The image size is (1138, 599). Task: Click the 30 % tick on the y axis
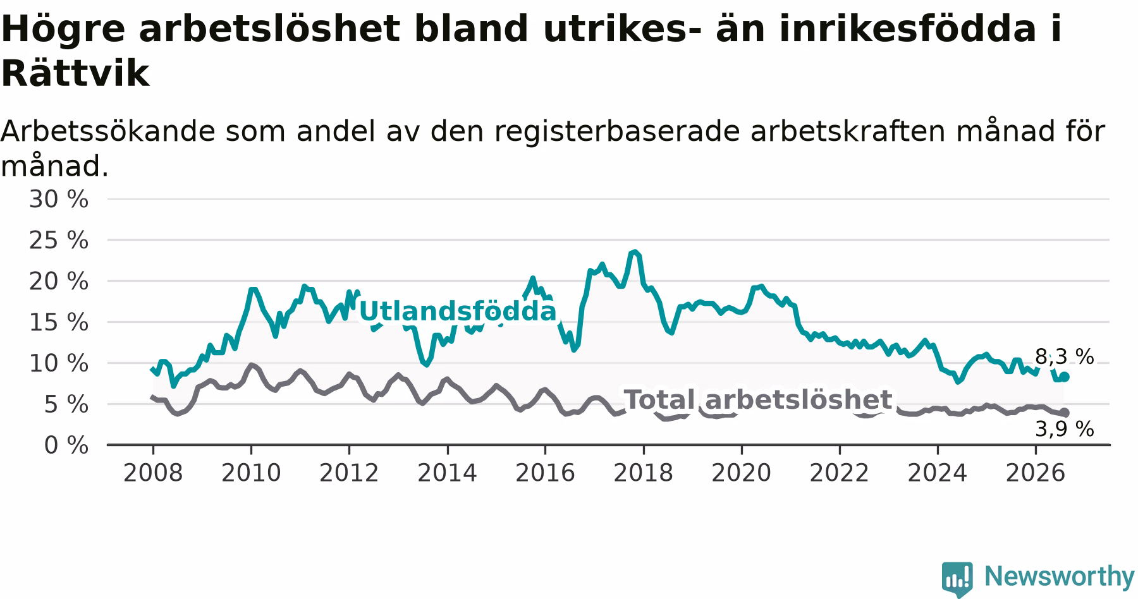(x=58, y=200)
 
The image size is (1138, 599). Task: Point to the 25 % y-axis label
(x=58, y=241)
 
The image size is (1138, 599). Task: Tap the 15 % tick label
(x=58, y=322)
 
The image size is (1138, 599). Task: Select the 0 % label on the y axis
(x=66, y=445)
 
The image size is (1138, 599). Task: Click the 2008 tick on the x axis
(x=153, y=473)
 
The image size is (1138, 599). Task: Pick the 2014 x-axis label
(x=447, y=473)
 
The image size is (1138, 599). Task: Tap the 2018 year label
(x=644, y=473)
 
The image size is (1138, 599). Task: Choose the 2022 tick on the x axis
(x=840, y=473)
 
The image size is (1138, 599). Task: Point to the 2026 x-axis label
(x=1036, y=473)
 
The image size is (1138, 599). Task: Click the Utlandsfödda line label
(x=458, y=312)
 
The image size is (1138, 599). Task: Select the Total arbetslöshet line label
(x=758, y=400)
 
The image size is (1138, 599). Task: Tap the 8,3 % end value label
(x=1065, y=357)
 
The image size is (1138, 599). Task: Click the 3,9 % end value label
(x=1065, y=430)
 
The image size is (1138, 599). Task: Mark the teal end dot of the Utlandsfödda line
(x=1065, y=377)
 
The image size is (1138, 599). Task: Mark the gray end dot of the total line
(x=1065, y=413)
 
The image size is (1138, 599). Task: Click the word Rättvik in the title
(x=75, y=74)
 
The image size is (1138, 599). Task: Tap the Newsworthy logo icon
(x=957, y=578)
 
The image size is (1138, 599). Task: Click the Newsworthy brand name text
(x=1060, y=576)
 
